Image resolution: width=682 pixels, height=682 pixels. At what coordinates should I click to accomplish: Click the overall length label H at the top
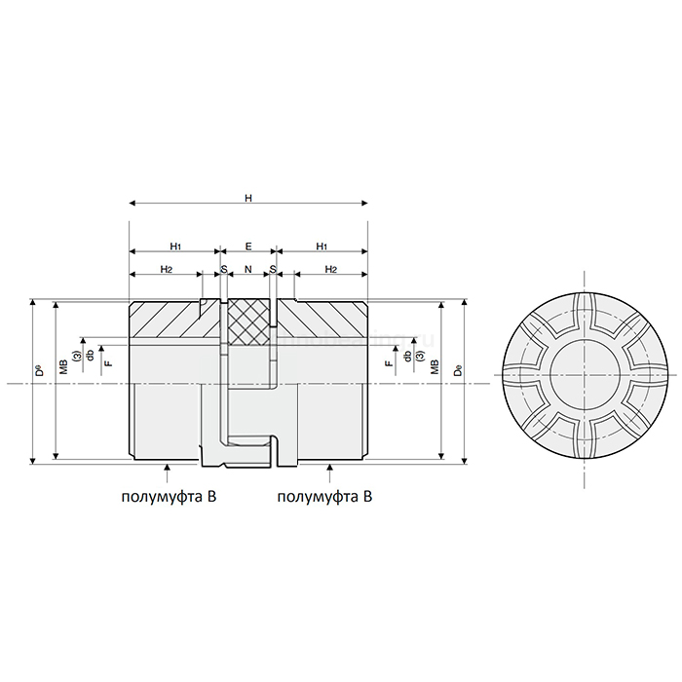click(248, 198)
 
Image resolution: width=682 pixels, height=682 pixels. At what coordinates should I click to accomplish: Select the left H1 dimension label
click(173, 246)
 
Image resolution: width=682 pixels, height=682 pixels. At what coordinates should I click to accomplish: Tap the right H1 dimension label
click(322, 246)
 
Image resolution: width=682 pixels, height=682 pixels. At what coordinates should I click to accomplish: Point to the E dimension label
click(248, 246)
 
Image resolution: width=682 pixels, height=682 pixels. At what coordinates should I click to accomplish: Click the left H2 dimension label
click(167, 269)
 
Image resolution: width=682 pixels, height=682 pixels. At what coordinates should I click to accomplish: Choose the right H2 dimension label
click(331, 269)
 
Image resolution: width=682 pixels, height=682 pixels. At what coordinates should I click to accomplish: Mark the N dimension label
click(248, 269)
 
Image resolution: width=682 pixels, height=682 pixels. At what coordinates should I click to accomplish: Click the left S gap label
click(223, 269)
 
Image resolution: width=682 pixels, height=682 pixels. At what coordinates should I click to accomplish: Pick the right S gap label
click(273, 269)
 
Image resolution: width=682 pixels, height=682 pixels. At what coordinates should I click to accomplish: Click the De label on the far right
click(457, 369)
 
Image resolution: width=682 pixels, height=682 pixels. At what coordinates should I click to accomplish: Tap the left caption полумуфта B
click(168, 497)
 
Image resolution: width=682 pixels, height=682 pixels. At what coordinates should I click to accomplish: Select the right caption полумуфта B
click(325, 497)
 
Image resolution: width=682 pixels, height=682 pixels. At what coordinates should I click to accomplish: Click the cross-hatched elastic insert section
click(248, 321)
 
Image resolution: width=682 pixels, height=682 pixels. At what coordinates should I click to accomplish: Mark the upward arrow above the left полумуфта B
click(169, 473)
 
